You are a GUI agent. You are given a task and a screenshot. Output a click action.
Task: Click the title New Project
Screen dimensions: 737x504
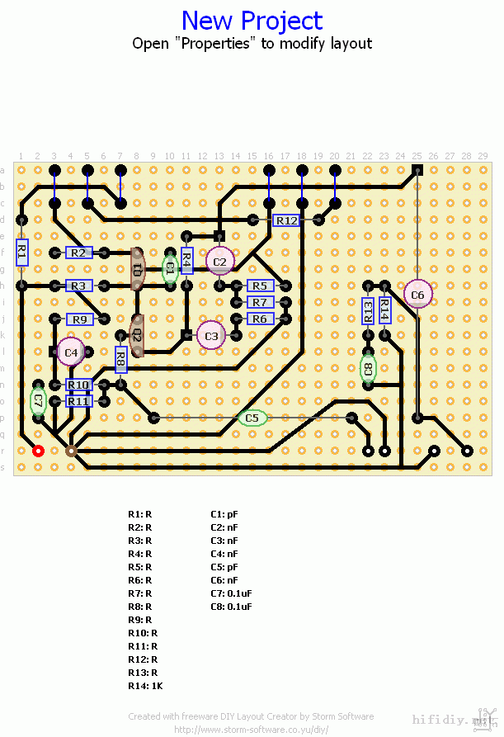point(252,20)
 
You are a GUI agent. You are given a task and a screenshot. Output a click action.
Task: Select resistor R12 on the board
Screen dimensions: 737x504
point(286,220)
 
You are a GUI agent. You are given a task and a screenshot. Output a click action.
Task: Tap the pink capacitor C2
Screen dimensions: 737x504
point(219,262)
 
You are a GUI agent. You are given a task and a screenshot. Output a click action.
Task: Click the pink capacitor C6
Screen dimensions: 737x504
point(417,295)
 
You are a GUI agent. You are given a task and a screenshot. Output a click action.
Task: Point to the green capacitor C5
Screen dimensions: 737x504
point(252,418)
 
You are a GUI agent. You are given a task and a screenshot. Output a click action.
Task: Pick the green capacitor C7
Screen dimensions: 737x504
point(38,402)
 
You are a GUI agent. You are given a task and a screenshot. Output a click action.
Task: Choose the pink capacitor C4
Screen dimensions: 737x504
point(71,352)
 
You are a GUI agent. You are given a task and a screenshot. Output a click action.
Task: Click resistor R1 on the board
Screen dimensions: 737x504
point(22,252)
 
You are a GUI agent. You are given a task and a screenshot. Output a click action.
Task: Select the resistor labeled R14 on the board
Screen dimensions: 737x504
point(384,310)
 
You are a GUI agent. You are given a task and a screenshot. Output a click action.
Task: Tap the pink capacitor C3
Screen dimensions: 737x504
point(211,336)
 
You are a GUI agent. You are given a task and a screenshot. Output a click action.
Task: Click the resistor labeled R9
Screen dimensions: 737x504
point(79,319)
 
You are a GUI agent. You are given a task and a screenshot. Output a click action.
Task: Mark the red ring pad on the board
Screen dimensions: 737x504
point(38,451)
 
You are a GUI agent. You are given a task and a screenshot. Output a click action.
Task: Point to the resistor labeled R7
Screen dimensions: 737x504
point(260,303)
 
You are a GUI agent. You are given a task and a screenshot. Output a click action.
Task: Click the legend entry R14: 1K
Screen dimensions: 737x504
point(145,686)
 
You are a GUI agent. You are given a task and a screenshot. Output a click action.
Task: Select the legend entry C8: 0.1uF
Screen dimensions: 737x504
point(231,607)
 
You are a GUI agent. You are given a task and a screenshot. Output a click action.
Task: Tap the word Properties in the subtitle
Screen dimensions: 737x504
point(214,44)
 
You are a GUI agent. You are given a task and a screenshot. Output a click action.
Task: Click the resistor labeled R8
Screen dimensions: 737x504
point(120,360)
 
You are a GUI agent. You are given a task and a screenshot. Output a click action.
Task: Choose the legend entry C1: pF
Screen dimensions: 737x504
point(224,513)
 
